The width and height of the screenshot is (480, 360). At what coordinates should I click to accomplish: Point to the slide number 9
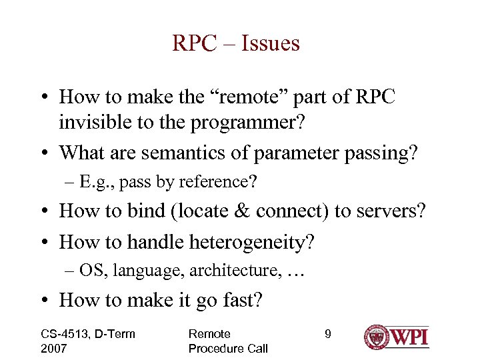point(327,334)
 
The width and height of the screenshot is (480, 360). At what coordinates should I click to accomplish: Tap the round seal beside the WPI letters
point(377,337)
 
